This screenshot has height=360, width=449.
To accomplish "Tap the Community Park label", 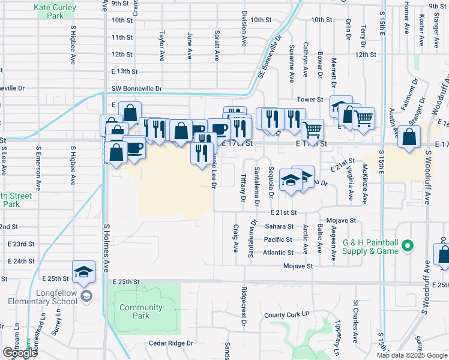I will click(x=141, y=311).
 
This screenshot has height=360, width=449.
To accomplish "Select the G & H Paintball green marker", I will click(x=408, y=246).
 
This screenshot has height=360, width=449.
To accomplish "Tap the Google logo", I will click(x=19, y=353).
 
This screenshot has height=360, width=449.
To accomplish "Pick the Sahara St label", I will click(x=279, y=226).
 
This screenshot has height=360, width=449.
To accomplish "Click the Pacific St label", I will click(x=278, y=239).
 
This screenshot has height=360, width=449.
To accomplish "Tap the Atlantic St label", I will click(x=278, y=253).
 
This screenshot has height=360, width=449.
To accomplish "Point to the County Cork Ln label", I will click(x=286, y=314).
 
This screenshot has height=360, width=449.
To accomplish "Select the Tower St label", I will click(x=310, y=100).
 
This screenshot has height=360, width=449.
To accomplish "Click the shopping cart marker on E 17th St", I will click(x=312, y=129).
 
